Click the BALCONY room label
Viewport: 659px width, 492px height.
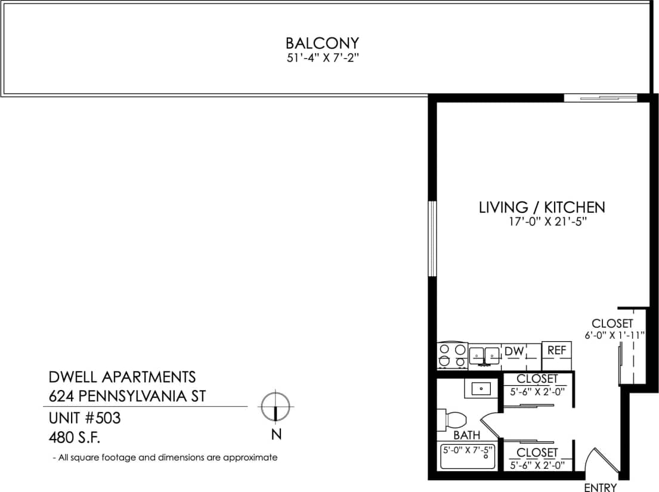pos(322,44)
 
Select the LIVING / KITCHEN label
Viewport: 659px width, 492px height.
pos(542,208)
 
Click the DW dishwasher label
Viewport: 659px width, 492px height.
pos(513,352)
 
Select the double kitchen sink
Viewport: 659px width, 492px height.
pos(484,355)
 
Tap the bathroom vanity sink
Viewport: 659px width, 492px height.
pos(481,389)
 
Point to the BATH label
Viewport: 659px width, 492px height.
pos(466,435)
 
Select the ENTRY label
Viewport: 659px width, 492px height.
pos(600,487)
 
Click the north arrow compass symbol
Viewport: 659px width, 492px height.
pos(275,407)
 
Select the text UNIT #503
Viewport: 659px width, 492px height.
pos(84,418)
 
